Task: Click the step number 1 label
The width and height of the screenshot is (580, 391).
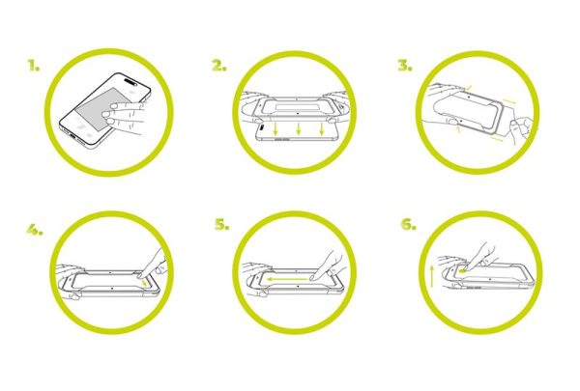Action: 34,68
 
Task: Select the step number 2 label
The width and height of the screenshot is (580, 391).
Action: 219,68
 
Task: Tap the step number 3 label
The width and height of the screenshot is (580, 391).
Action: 404,68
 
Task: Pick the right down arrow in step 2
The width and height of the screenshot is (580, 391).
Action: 322,128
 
